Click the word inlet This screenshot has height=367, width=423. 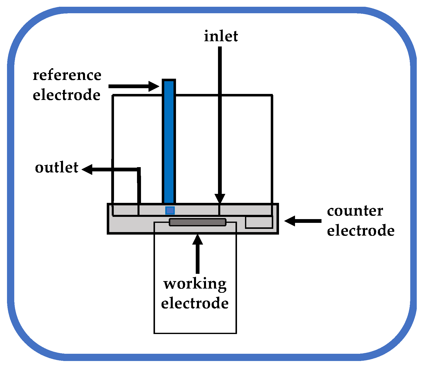pos(221,36)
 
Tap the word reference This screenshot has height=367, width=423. pos(67,75)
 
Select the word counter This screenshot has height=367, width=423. pos(355,211)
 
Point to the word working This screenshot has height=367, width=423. pos(195,284)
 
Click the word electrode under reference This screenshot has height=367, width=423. pos(66,95)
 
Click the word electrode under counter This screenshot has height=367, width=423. pos(360,230)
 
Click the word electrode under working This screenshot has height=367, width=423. pos(195,303)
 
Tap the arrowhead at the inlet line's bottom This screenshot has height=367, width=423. pos(220,199)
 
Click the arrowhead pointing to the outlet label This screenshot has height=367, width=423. pos(87,169)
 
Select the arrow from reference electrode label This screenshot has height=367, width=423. pos(134,86)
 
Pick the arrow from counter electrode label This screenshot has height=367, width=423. pos(303,221)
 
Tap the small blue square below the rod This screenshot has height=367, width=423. pos(170,210)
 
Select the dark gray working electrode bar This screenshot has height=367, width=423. pos(197,222)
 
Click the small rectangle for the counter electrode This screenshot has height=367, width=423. pos(259,222)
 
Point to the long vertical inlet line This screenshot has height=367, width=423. pos(220,120)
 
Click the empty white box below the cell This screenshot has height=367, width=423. pos(195,322)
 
